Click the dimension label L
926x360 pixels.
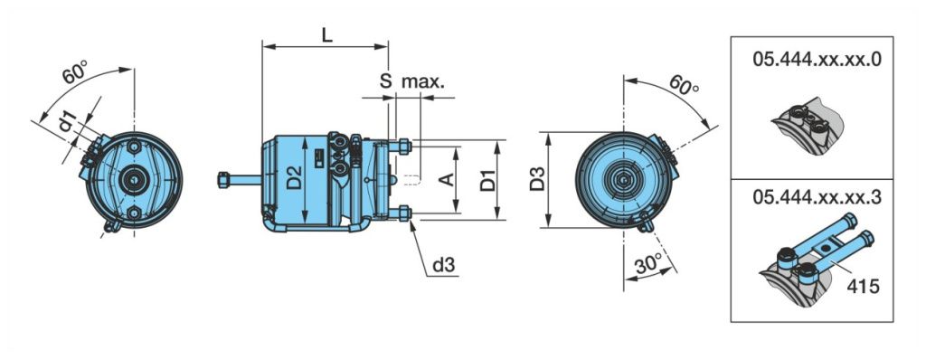(326, 34)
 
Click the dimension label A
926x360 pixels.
(448, 179)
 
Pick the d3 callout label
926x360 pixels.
(444, 265)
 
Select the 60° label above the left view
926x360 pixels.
(75, 74)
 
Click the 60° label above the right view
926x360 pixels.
(684, 86)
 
